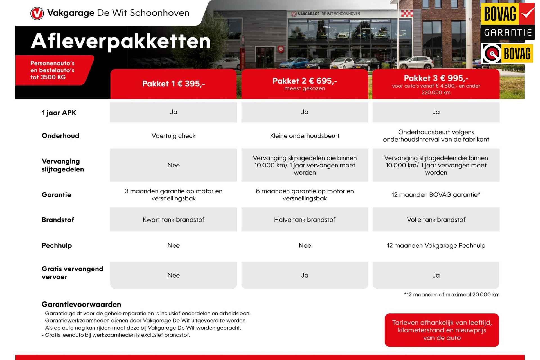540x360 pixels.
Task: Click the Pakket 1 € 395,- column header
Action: click(173, 84)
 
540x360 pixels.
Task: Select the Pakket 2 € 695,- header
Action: click(305, 84)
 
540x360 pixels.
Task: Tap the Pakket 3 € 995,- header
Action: click(436, 84)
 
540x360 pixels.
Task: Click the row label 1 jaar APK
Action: click(59, 113)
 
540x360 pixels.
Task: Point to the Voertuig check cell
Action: click(173, 136)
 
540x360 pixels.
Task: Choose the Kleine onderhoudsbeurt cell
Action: click(305, 136)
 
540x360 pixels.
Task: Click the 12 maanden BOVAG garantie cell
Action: click(436, 195)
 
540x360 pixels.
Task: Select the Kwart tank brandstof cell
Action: click(173, 220)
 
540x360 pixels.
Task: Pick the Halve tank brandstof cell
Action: click(305, 220)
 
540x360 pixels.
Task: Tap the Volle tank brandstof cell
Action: click(436, 220)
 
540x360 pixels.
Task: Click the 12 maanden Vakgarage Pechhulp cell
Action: click(436, 245)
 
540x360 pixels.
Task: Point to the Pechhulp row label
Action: click(57, 245)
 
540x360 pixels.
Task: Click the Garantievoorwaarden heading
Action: click(81, 304)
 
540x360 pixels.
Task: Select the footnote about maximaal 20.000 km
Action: click(452, 295)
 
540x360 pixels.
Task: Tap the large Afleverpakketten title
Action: click(121, 41)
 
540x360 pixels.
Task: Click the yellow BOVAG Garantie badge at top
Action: click(508, 22)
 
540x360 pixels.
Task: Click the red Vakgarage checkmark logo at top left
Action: click(37, 14)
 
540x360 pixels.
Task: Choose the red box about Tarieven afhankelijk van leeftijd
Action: click(442, 330)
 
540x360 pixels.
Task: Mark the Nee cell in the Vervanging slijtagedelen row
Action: click(173, 165)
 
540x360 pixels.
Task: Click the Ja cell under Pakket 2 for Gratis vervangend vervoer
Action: click(305, 275)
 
